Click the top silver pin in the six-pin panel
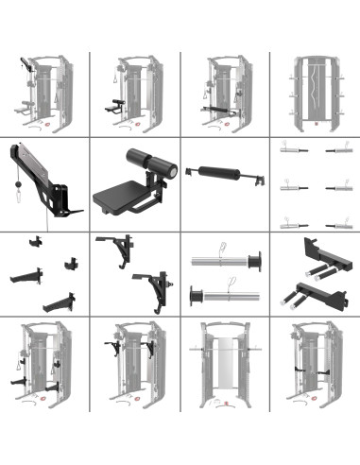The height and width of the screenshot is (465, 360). pyautogui.click(x=291, y=150)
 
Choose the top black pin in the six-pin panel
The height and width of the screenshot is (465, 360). pyautogui.click(x=337, y=150)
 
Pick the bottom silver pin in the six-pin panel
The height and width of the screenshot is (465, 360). pyautogui.click(x=291, y=225)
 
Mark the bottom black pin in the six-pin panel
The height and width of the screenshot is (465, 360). pyautogui.click(x=337, y=225)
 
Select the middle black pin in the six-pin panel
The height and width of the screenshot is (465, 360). pyautogui.click(x=337, y=187)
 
